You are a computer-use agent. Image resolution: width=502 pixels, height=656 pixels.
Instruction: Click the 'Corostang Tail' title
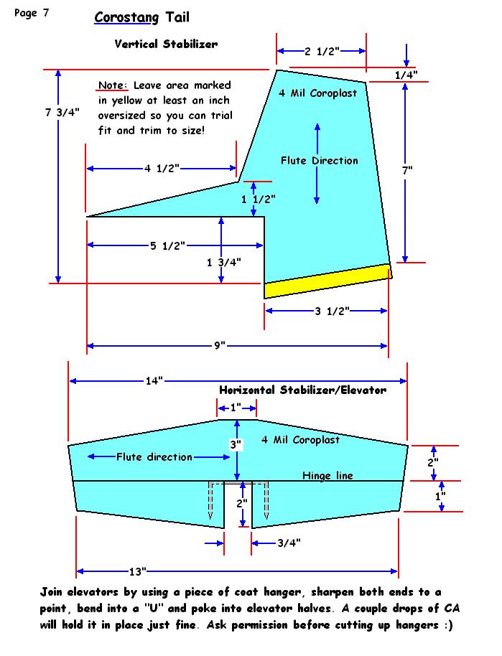click(x=141, y=17)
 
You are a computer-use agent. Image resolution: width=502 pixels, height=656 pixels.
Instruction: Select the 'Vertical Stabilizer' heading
click(x=166, y=44)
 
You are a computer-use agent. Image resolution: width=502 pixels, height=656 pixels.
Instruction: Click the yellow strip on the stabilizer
click(x=327, y=281)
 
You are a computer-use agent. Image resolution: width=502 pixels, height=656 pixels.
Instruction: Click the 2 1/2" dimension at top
click(x=322, y=52)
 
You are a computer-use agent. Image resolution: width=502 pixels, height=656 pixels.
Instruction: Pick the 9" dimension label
click(x=219, y=346)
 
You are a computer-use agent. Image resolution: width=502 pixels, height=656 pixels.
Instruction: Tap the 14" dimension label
click(x=154, y=381)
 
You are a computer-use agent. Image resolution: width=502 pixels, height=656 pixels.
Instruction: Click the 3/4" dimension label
click(x=289, y=543)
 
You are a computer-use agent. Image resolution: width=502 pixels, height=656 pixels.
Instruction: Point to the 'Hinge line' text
click(x=327, y=475)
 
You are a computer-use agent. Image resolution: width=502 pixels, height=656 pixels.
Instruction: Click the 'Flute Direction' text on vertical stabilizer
click(x=319, y=160)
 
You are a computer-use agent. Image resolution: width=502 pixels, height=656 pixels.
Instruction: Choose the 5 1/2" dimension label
click(x=167, y=246)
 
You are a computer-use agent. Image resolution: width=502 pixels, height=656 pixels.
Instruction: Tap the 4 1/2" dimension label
click(x=162, y=169)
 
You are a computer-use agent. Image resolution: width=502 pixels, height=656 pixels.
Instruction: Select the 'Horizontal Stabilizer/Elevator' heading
click(x=302, y=390)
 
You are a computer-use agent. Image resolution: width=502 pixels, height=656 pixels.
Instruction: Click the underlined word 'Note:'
click(x=113, y=85)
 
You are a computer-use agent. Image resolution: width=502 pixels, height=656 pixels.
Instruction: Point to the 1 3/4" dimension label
click(x=223, y=262)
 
